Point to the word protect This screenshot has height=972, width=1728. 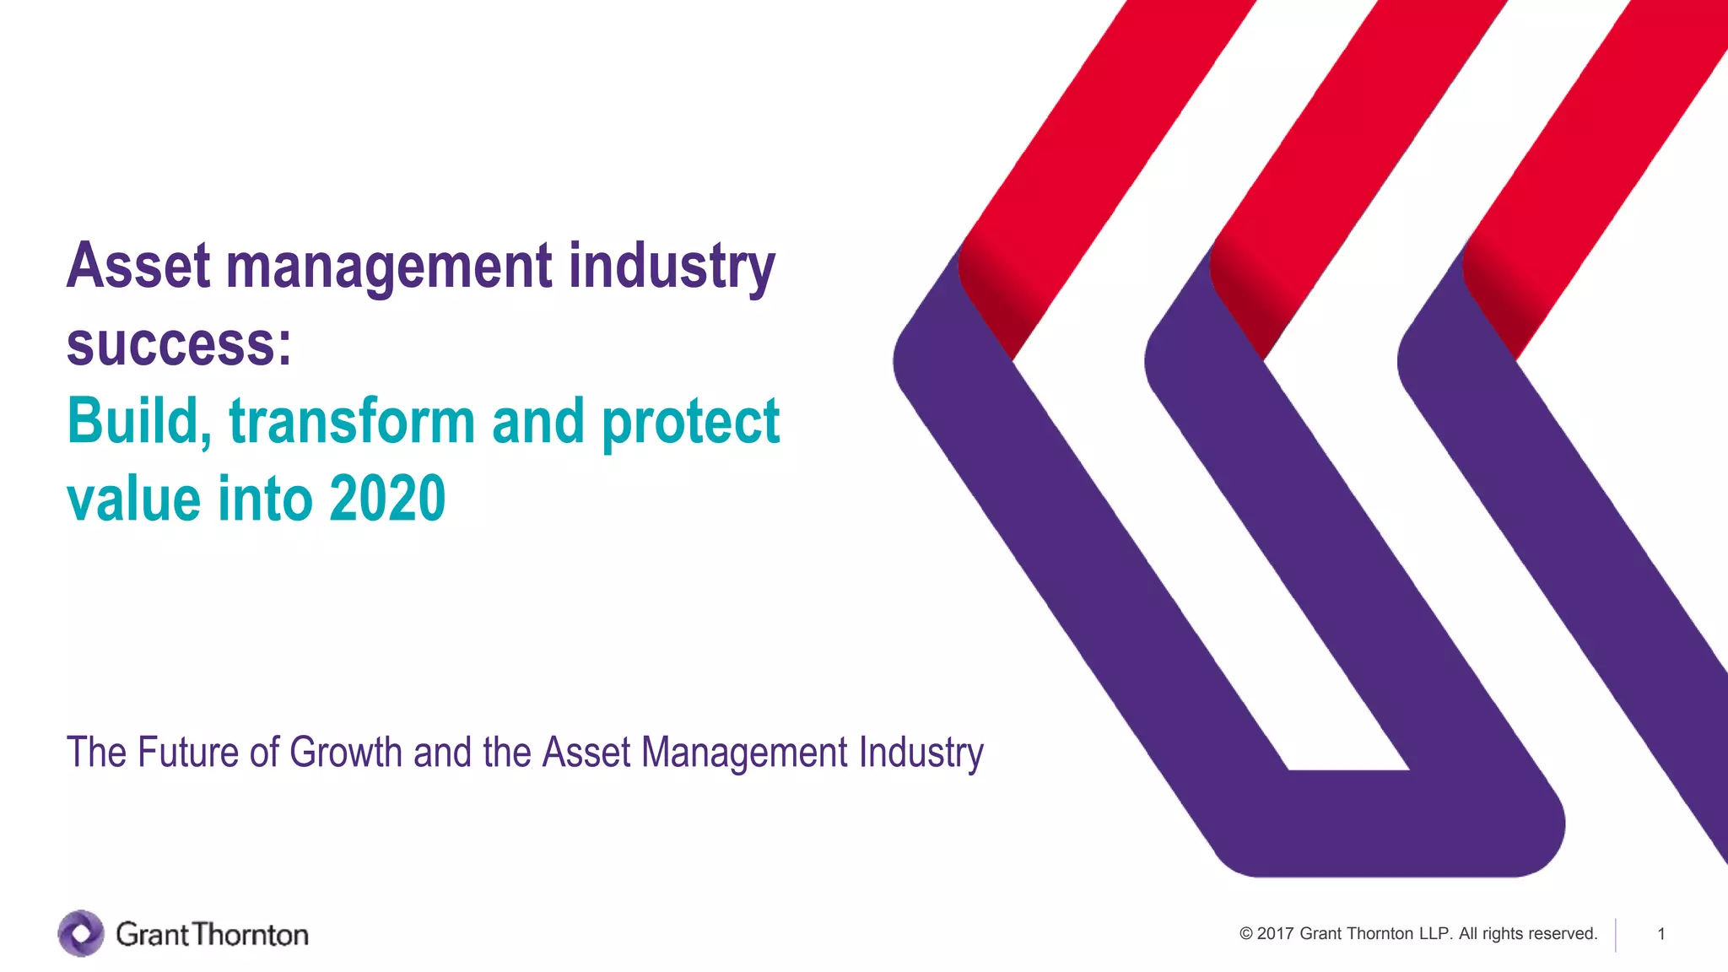click(690, 422)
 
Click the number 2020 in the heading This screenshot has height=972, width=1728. click(387, 499)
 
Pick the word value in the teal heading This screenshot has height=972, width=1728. click(133, 499)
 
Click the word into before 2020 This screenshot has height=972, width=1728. click(265, 499)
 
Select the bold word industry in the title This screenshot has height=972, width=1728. click(671, 267)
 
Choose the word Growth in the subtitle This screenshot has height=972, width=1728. click(346, 752)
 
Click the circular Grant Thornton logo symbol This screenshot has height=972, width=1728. click(81, 933)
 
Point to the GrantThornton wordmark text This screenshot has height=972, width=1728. click(212, 934)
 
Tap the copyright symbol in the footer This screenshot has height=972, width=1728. click(1246, 934)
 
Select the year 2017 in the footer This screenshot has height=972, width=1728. click(1275, 934)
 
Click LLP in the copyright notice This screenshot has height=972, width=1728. click(1435, 934)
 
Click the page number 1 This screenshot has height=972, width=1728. click(1660, 934)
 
